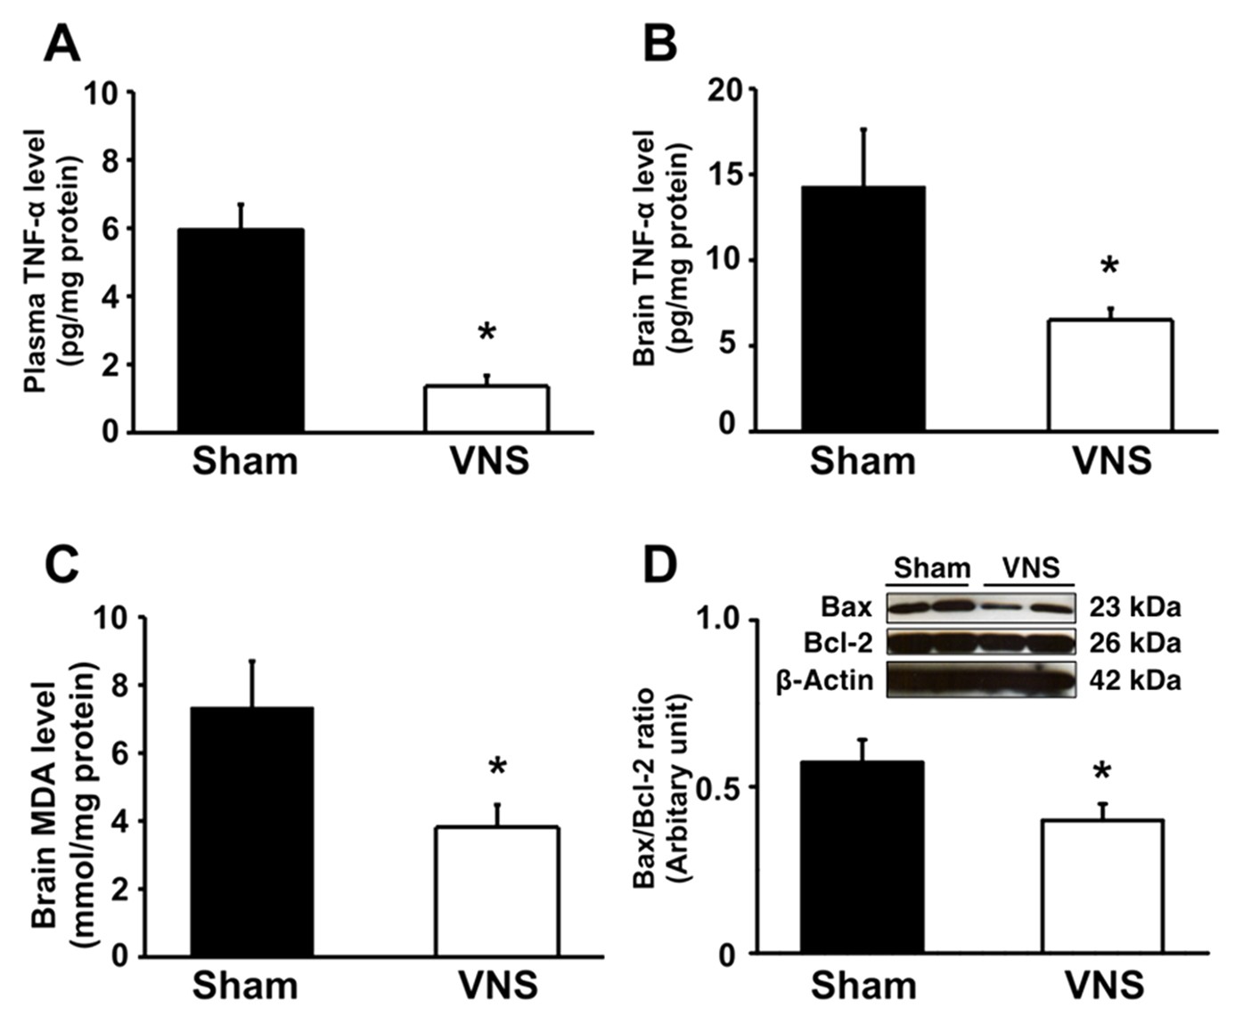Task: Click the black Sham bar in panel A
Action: pos(241,330)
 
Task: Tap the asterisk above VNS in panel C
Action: pos(496,767)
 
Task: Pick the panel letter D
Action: pos(660,566)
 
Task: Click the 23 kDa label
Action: pos(1134,608)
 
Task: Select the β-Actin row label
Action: pos(824,681)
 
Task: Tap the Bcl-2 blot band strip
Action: pos(981,643)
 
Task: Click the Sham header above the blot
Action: pos(932,568)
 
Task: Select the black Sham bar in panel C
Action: pos(252,832)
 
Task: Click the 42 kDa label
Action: pos(1134,681)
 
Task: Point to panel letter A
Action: pos(61,43)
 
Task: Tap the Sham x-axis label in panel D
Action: pos(863,986)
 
